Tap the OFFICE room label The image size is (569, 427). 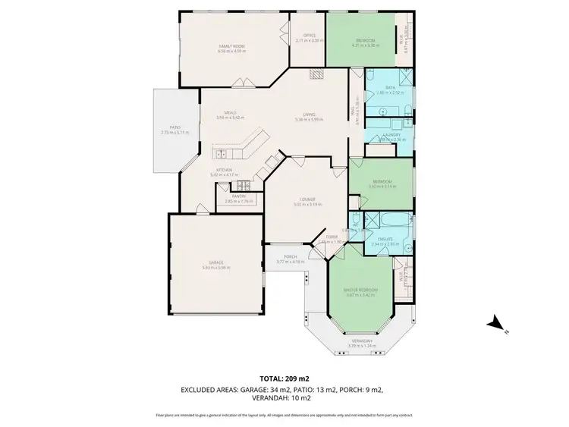(310, 36)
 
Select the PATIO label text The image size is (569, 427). (174, 127)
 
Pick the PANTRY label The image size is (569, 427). (238, 196)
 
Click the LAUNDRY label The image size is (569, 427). (391, 135)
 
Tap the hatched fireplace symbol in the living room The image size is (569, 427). (315, 74)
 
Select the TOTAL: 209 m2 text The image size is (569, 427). (284, 377)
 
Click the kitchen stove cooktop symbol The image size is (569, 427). (243, 185)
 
